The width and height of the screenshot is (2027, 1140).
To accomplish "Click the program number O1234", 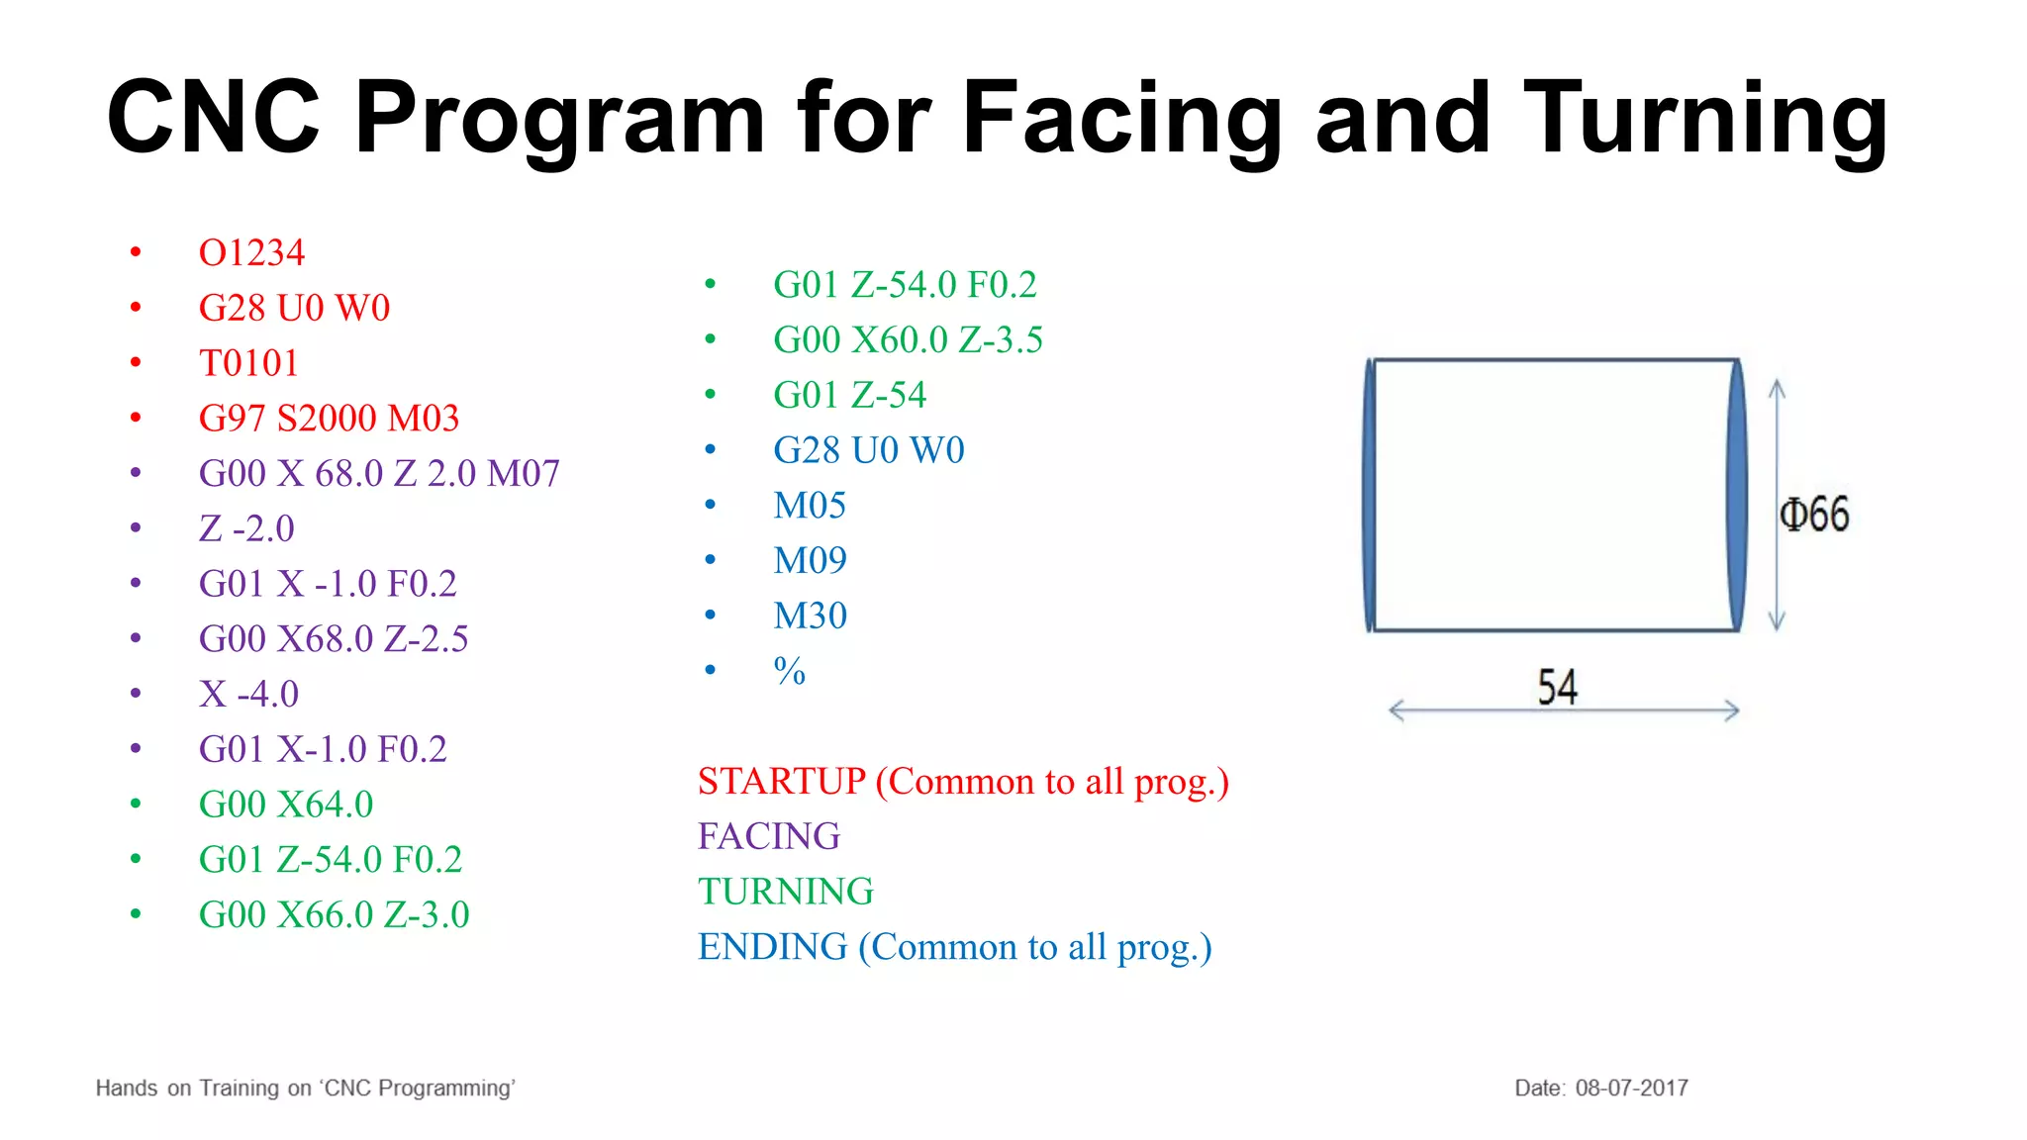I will tap(251, 253).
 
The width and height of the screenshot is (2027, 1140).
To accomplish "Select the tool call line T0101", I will tap(248, 363).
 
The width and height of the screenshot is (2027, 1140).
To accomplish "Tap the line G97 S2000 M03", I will tap(329, 419).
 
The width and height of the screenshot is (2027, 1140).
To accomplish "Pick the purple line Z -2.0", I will tap(246, 528).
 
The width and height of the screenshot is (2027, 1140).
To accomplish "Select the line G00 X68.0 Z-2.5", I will tap(334, 639).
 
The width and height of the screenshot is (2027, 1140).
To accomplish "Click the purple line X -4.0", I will tap(248, 694).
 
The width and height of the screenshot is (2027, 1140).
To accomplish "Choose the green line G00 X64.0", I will tap(286, 805).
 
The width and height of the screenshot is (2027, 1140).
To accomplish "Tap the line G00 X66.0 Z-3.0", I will tap(334, 914).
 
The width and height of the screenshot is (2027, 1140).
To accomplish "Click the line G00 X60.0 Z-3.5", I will tap(908, 340).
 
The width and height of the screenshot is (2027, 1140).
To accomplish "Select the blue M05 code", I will tap(810, 506).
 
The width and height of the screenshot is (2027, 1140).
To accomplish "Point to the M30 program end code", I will tap(810, 616).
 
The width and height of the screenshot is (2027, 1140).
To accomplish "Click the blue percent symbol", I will tap(789, 671).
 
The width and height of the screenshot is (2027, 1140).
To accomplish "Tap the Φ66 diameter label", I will tap(1813, 515).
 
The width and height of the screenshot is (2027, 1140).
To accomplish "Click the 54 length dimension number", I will tap(1557, 687).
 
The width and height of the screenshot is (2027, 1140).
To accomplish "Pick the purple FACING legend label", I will tap(769, 837).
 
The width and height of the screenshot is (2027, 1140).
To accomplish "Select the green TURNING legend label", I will tap(786, 892).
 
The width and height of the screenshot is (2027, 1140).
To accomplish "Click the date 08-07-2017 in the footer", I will tap(1631, 1089).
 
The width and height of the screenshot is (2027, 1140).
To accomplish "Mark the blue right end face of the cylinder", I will tap(1737, 495).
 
